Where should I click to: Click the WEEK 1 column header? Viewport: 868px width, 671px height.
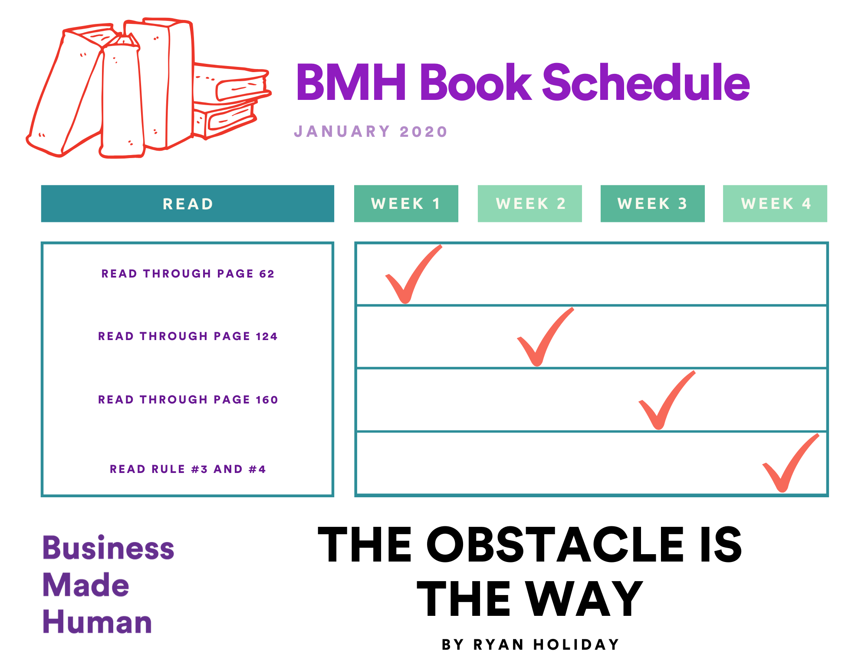[x=406, y=204]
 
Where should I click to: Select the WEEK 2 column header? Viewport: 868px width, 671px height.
[x=529, y=204]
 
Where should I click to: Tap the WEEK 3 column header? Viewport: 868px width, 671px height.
[x=652, y=204]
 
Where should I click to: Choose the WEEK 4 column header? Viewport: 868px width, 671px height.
[x=775, y=204]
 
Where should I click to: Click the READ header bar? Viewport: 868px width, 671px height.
[x=187, y=204]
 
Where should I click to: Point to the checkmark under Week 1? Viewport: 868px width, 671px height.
[x=410, y=276]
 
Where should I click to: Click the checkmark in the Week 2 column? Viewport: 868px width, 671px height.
[x=542, y=339]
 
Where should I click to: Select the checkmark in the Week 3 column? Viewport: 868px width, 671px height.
[x=664, y=402]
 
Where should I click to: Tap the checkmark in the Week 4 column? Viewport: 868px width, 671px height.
[x=788, y=465]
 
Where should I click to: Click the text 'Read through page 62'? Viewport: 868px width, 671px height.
[x=188, y=274]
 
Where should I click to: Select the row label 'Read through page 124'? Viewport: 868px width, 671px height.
[x=187, y=336]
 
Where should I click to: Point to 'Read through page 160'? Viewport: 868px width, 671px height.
[x=188, y=400]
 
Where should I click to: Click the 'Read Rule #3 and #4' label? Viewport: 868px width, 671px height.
[x=187, y=469]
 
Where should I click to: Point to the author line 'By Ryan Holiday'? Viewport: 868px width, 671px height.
[x=530, y=645]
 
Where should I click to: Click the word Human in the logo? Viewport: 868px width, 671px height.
[x=97, y=622]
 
